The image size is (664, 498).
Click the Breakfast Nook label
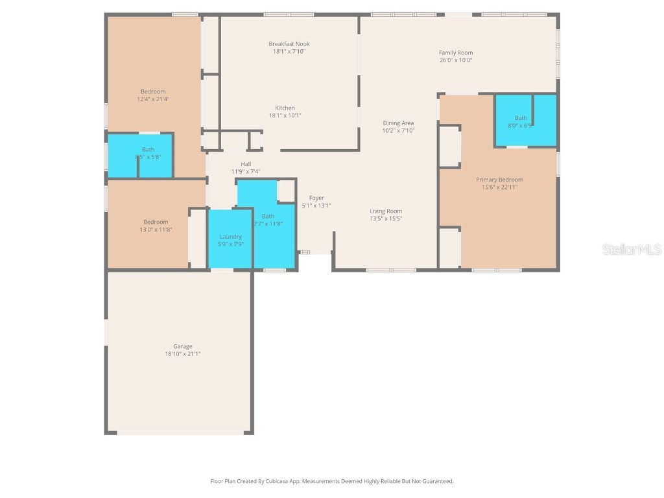289,44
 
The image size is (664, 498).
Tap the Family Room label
456,53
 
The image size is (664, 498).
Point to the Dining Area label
398,123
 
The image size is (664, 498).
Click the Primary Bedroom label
499,180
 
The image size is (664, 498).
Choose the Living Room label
386,211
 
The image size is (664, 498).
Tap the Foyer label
316,198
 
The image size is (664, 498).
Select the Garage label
182,346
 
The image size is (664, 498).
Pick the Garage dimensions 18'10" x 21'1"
182,354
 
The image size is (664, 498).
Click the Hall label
246,164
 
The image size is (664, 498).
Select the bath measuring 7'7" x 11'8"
268,220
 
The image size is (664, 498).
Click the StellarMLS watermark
631,250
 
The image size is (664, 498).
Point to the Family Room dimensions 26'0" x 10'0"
456,60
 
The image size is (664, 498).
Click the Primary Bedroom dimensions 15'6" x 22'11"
499,187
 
